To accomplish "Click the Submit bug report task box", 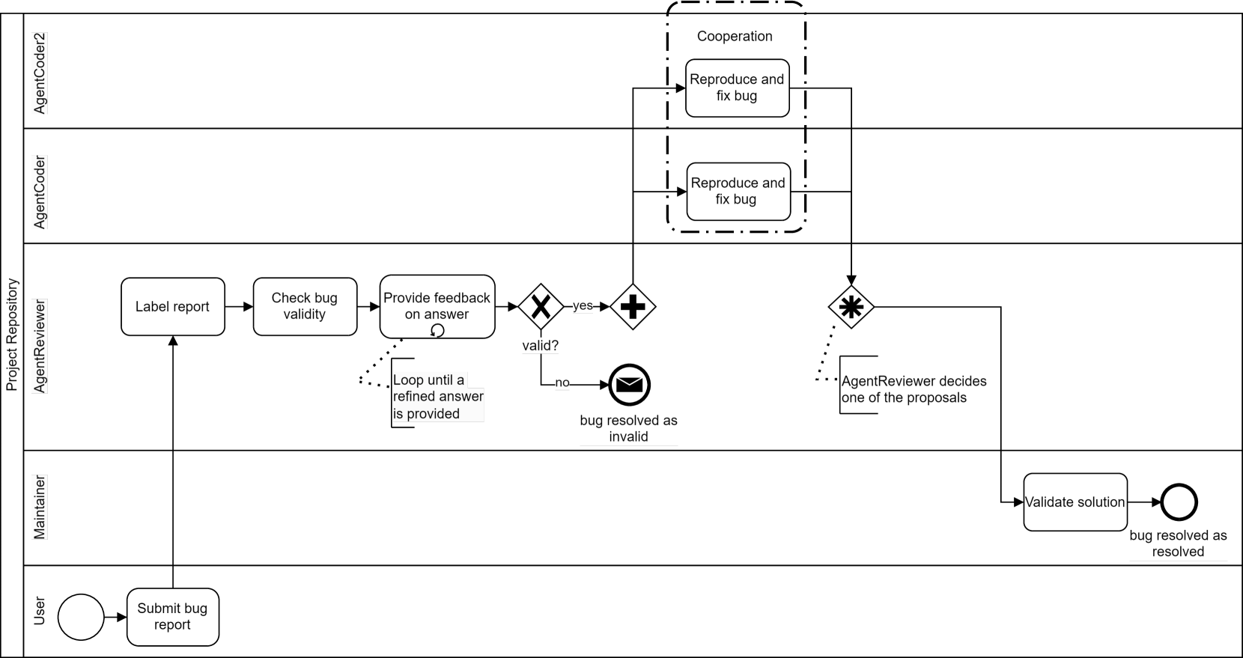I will pyautogui.click(x=172, y=617).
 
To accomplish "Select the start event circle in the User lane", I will pyautogui.click(x=81, y=617).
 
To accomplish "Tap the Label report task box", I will pyautogui.click(x=172, y=306).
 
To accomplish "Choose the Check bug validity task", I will pyautogui.click(x=305, y=306).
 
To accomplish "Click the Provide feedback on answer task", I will pyautogui.click(x=437, y=305).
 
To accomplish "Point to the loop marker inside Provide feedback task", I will pyautogui.click(x=437, y=330).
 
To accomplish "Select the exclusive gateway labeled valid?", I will pyautogui.click(x=541, y=306).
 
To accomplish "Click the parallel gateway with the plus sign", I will pyautogui.click(x=633, y=306).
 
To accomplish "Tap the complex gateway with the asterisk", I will pyautogui.click(x=851, y=307).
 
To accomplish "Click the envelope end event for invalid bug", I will pyautogui.click(x=629, y=385).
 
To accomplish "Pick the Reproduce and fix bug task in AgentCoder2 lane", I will pyautogui.click(x=737, y=88).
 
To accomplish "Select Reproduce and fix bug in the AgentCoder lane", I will pyautogui.click(x=738, y=191).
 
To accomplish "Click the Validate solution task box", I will pyautogui.click(x=1075, y=502).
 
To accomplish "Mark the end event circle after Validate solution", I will pyautogui.click(x=1179, y=502).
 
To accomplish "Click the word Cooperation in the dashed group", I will pyautogui.click(x=735, y=36).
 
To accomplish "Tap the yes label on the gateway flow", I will pyautogui.click(x=583, y=305).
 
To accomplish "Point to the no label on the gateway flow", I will pyautogui.click(x=562, y=383).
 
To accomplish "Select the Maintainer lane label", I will pyautogui.click(x=40, y=507).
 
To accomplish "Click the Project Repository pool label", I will pyautogui.click(x=12, y=335).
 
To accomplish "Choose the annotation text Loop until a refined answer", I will pyautogui.click(x=438, y=397).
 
